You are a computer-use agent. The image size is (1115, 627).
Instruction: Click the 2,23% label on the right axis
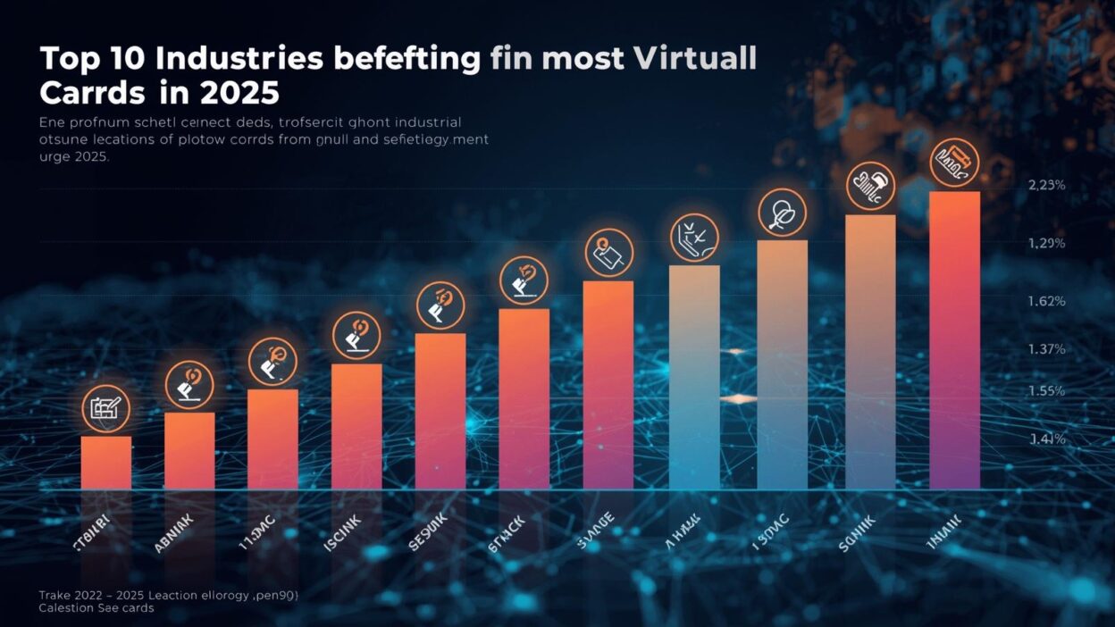(1047, 186)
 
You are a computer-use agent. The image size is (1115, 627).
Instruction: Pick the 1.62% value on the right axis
(1047, 302)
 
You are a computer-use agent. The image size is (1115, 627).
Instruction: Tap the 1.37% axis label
(1047, 349)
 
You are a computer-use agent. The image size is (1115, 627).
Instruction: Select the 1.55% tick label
(1047, 391)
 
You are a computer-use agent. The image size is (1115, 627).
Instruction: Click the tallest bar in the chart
(954, 339)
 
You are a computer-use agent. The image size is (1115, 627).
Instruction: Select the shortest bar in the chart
(106, 462)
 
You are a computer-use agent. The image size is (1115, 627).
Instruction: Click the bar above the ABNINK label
(189, 450)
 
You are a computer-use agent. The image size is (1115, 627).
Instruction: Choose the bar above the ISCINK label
(356, 426)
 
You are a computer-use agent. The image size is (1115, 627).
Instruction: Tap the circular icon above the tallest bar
(954, 163)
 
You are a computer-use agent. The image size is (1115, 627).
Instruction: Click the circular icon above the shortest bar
(106, 409)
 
